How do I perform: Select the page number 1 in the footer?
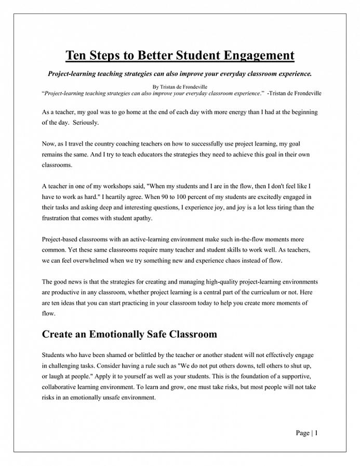[316, 433]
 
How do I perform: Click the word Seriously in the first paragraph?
[86, 123]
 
